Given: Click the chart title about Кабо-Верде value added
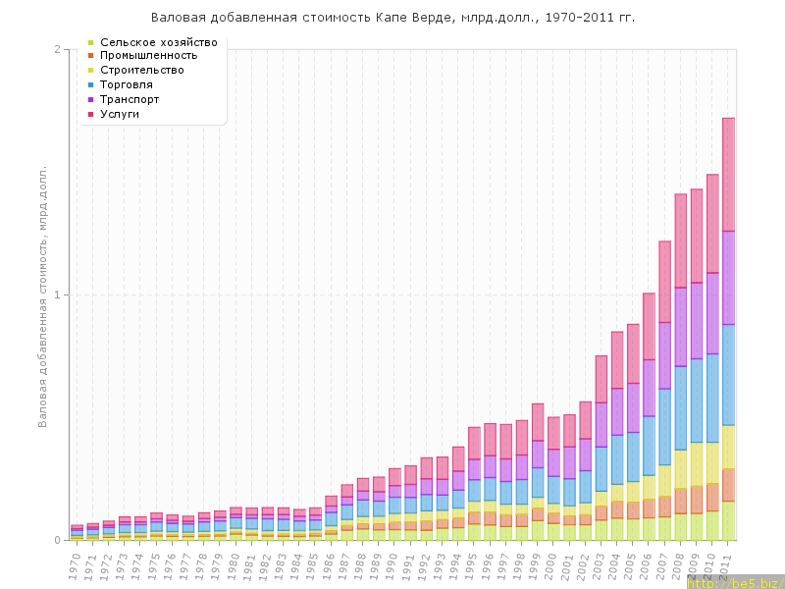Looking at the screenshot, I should coord(392,18).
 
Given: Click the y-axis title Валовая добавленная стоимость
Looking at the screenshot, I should coord(43,294).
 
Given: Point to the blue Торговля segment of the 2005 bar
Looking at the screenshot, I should coord(633,456).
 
